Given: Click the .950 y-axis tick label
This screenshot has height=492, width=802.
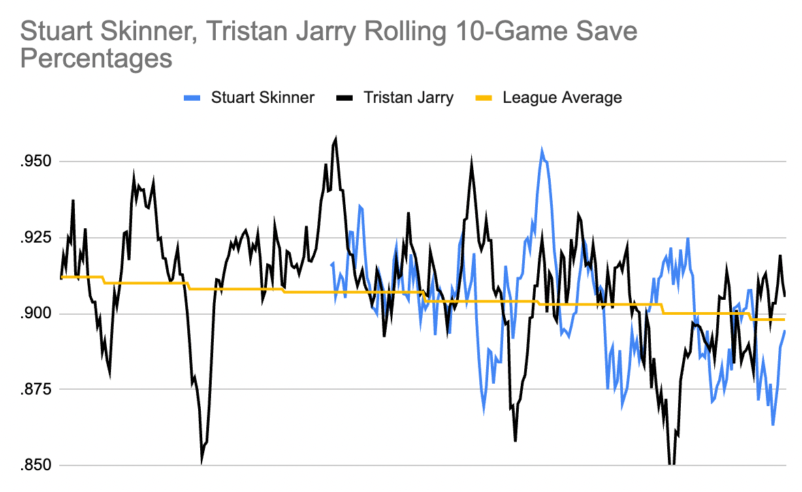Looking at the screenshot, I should tap(36, 162).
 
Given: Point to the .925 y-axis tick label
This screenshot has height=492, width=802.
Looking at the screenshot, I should tap(36, 238).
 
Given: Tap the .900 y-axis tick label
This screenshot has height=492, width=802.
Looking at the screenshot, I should tap(36, 313).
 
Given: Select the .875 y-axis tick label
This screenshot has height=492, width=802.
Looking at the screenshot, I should tap(36, 390).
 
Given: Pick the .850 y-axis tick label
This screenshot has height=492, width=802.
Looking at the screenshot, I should tap(36, 465).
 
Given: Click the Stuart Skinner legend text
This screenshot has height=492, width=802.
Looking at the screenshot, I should tap(262, 97).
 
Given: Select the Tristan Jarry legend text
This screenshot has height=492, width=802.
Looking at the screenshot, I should tap(408, 97).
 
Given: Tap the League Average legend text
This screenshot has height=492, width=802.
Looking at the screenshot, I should tap(562, 97).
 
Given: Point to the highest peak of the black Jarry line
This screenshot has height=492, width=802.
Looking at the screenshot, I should tap(336, 138).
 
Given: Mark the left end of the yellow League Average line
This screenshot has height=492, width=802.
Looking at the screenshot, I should tap(61, 277).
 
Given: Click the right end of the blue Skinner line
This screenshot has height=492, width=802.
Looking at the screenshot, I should tap(785, 331).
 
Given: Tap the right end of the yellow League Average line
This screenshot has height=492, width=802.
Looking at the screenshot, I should tap(785, 320).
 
